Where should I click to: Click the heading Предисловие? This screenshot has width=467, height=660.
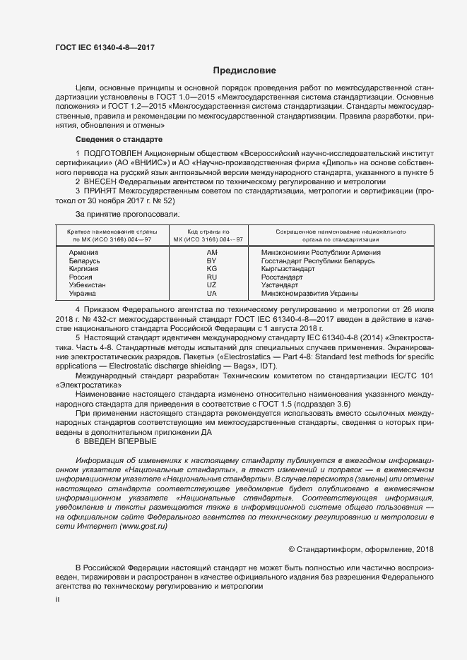[244, 71]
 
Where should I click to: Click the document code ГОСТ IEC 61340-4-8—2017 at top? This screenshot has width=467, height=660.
[105, 47]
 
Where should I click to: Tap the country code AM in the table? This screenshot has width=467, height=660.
[211, 252]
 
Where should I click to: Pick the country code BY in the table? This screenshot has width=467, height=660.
[211, 260]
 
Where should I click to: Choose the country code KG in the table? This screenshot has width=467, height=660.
[211, 269]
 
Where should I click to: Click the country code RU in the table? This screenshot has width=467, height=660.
[211, 277]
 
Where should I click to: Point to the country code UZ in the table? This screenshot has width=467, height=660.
[211, 285]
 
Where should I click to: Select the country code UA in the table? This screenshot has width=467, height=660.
[211, 294]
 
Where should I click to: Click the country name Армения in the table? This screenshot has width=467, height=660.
[83, 252]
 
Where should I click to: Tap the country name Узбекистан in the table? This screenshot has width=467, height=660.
[89, 285]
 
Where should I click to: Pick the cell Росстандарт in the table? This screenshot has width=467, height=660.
[281, 277]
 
